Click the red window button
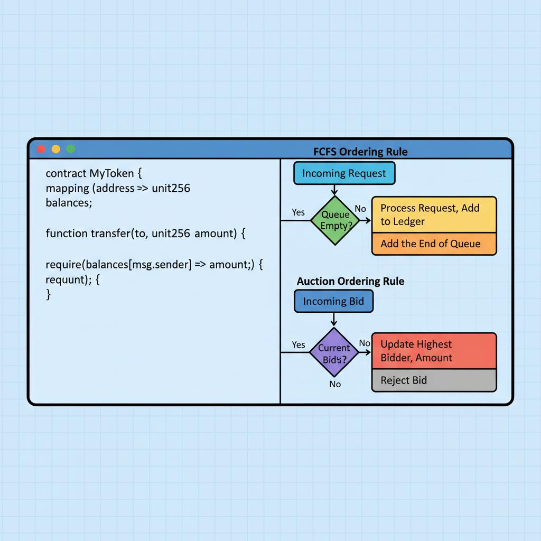41,149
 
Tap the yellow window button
55,149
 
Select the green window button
70,149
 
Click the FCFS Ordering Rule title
360,152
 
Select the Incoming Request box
344,173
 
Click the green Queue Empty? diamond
334,220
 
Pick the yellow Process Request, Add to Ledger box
434,214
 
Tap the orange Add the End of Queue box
434,244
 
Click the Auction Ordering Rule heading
350,281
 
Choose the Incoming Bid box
333,301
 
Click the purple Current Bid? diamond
334,352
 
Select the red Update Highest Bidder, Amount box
434,351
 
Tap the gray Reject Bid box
434,380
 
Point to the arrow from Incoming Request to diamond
334,190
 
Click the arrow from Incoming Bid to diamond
334,320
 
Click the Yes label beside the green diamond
298,212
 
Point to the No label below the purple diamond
335,384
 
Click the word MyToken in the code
111,173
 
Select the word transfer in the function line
112,233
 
